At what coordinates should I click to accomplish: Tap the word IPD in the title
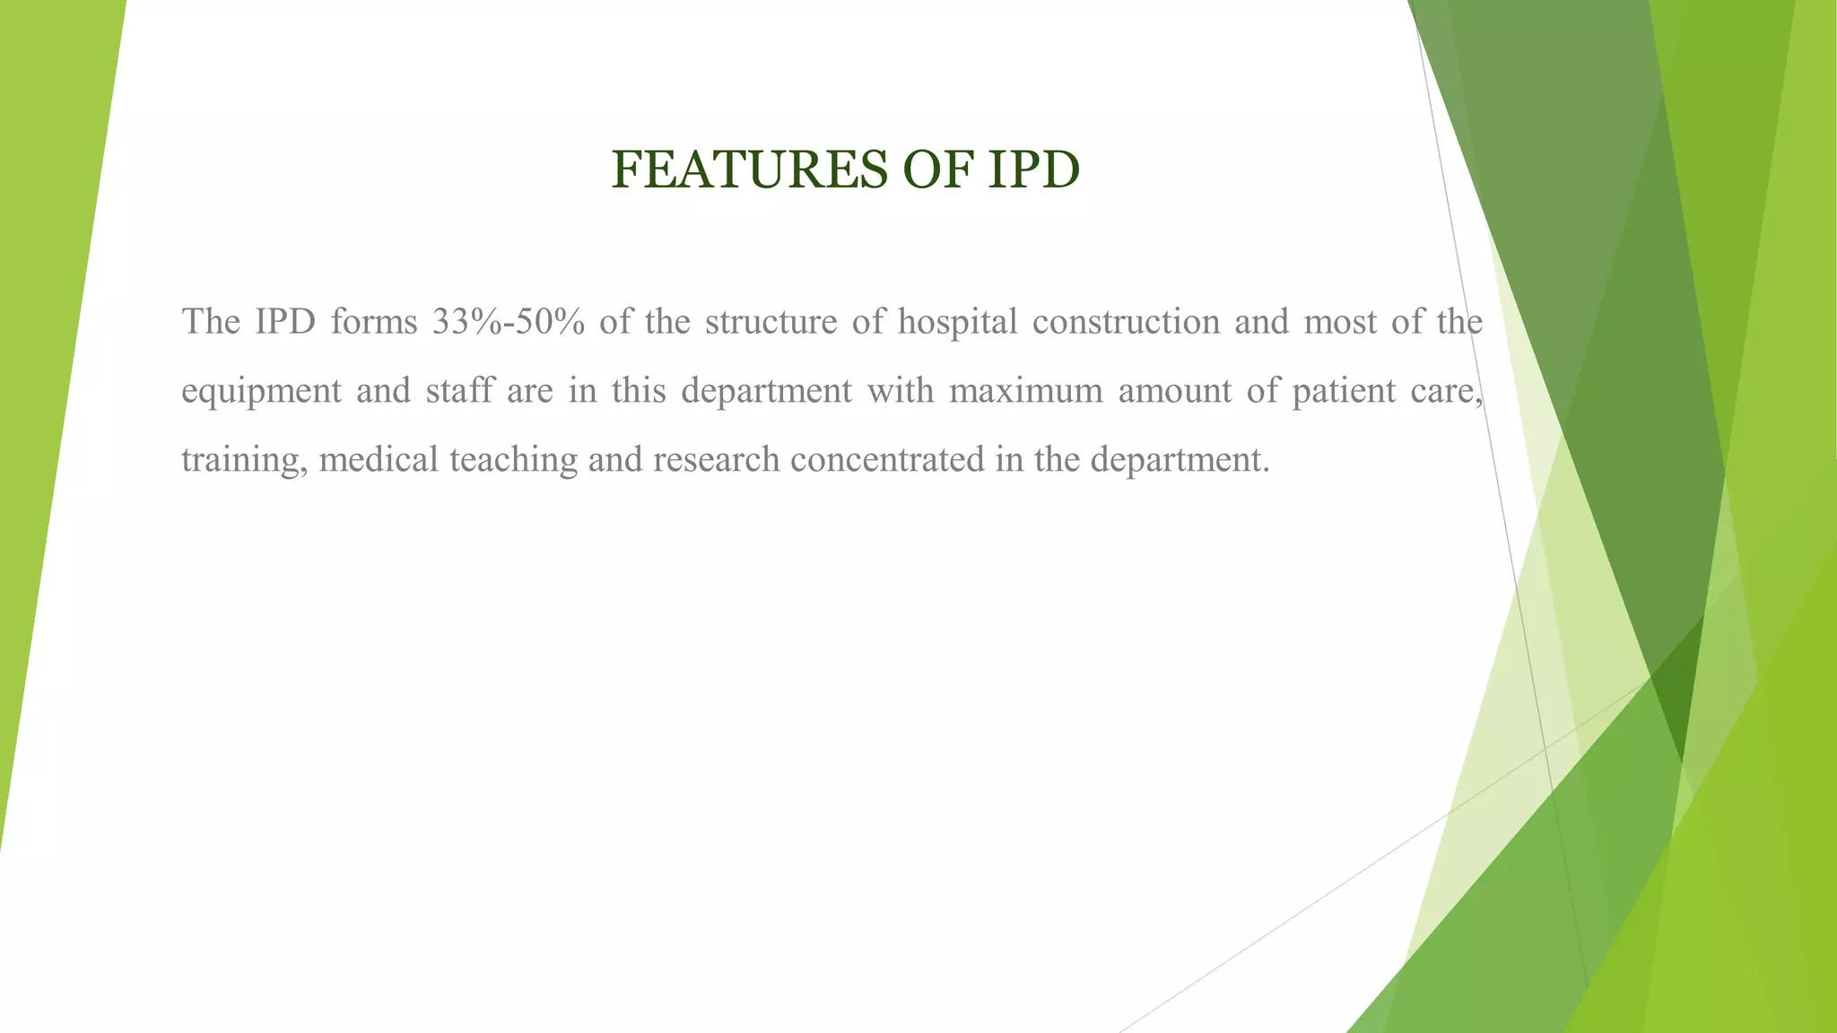[1033, 169]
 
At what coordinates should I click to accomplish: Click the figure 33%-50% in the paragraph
[508, 321]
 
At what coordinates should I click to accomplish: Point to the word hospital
[958, 321]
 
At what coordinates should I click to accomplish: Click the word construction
[1126, 321]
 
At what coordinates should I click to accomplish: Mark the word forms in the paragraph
[374, 321]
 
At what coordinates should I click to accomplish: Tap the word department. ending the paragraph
[1180, 460]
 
